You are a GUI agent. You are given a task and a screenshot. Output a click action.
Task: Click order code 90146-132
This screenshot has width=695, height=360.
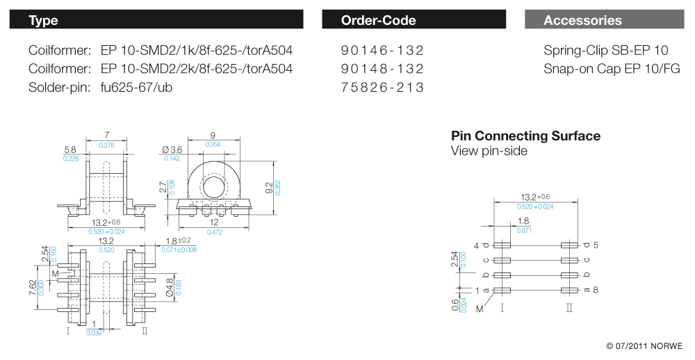(x=382, y=51)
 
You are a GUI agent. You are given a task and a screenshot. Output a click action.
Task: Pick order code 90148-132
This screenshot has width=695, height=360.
(x=382, y=69)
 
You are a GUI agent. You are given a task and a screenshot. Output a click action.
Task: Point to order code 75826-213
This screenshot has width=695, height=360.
(x=382, y=87)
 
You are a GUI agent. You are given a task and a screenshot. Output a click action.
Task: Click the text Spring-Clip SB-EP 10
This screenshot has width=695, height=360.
(x=605, y=51)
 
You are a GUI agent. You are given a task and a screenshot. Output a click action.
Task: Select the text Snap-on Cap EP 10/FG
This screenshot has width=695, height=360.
(x=612, y=69)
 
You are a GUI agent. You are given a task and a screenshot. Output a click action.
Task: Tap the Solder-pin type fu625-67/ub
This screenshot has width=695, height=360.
(x=136, y=87)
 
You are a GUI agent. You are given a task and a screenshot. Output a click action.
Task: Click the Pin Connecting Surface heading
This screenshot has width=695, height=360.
(x=525, y=136)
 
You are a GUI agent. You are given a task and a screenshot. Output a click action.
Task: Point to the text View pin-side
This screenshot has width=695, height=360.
(x=489, y=151)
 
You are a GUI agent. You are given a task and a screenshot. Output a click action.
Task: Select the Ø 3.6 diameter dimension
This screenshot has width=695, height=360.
(x=171, y=150)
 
